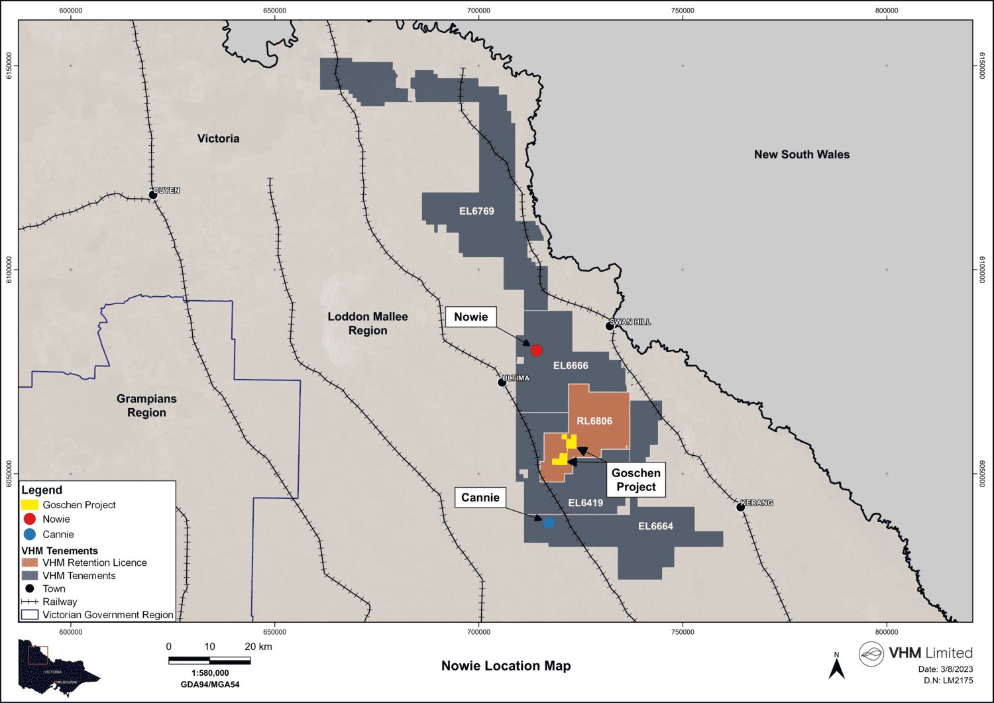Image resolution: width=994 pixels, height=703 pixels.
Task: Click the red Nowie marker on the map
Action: (x=536, y=350)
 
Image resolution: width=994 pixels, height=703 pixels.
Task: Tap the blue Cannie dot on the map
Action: (x=549, y=523)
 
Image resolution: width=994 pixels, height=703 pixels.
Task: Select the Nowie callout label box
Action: (x=470, y=317)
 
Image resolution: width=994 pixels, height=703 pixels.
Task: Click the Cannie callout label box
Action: (x=480, y=498)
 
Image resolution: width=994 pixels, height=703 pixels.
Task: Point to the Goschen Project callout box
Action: (x=636, y=480)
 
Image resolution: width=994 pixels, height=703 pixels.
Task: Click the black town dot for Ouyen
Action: (x=153, y=195)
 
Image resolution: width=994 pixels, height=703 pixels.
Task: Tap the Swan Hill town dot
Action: (x=610, y=326)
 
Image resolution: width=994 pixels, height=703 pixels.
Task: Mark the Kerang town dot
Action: (x=741, y=507)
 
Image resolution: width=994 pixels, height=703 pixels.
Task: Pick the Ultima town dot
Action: (x=502, y=382)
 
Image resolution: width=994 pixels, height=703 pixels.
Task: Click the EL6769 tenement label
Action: (x=476, y=211)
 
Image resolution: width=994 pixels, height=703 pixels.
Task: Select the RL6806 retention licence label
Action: (x=594, y=421)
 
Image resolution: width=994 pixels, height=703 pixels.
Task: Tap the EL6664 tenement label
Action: (x=655, y=526)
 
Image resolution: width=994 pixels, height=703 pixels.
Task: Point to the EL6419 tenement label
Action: (x=586, y=503)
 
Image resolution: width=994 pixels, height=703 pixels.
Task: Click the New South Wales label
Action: (x=801, y=154)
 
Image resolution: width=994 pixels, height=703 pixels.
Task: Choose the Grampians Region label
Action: (x=146, y=406)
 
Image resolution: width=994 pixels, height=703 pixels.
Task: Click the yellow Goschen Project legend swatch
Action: (x=30, y=505)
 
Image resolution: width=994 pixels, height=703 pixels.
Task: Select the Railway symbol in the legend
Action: (x=30, y=602)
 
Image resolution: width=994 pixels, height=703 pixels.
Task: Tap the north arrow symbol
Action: (x=836, y=667)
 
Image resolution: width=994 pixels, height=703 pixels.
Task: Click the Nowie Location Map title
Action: (x=506, y=666)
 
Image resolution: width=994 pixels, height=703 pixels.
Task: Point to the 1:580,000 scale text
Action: (x=210, y=673)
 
